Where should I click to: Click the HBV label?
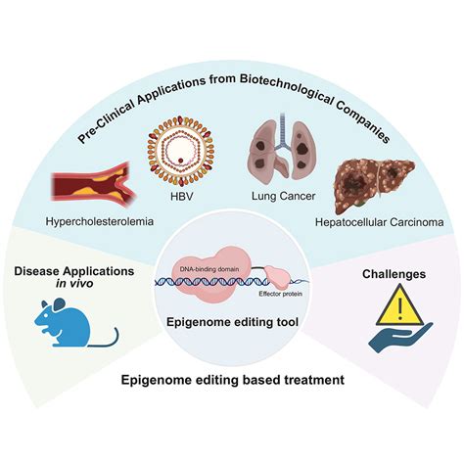click(182, 197)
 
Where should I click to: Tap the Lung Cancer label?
click(284, 196)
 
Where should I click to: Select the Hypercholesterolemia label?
click(100, 221)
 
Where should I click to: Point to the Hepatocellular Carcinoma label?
click(380, 222)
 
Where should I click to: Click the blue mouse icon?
click(76, 322)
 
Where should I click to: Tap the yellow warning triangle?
click(399, 304)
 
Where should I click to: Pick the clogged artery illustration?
click(94, 185)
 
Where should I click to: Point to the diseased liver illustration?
click(375, 185)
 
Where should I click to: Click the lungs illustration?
click(283, 147)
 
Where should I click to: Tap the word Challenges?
click(394, 274)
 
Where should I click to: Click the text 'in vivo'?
click(74, 284)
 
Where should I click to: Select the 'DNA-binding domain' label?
click(209, 269)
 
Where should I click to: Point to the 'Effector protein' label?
click(281, 294)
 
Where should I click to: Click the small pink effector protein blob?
click(277, 277)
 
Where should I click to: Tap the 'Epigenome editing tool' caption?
click(232, 322)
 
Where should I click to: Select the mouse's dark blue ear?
click(60, 304)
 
